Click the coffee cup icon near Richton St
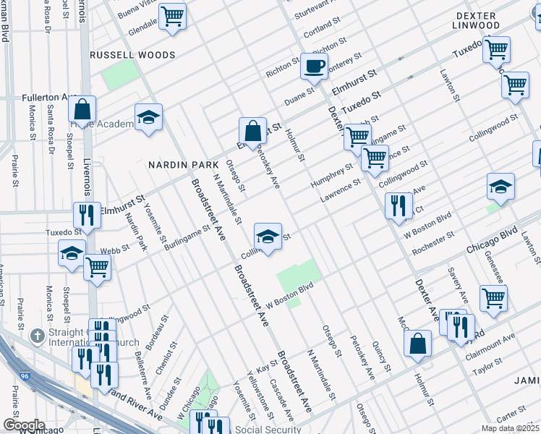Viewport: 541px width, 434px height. (x=314, y=67)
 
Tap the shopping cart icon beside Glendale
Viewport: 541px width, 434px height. (x=173, y=16)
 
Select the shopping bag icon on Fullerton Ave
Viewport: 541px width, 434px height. (x=82, y=109)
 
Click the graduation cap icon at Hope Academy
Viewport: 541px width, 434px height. (x=148, y=117)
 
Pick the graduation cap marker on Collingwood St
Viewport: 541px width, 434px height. (x=268, y=236)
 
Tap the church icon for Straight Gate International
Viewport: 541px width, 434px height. (x=38, y=336)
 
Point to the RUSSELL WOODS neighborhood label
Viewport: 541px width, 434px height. (x=132, y=55)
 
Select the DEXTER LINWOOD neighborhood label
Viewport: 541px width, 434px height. (x=477, y=20)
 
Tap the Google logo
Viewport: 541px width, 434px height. (x=23, y=425)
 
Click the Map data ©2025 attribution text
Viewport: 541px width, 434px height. (x=510, y=428)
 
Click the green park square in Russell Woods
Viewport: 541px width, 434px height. (x=120, y=75)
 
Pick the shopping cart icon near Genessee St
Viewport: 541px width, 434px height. (x=493, y=297)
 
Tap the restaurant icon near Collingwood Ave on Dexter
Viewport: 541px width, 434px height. (x=399, y=205)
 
